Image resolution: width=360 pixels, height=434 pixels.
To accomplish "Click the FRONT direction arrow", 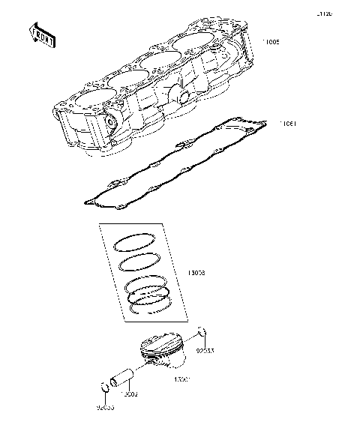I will point(41,35).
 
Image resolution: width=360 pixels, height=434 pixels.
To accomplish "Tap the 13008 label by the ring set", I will point(196,274).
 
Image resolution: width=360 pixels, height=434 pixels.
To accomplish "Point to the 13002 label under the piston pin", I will point(130,392).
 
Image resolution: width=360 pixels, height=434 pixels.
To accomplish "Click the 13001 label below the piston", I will point(181,380).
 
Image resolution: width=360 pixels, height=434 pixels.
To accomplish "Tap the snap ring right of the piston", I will point(202,334).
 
